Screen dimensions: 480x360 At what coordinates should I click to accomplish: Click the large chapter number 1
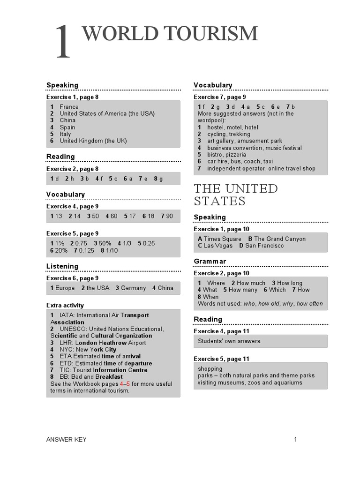click(x=63, y=43)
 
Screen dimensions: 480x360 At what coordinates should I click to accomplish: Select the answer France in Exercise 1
click(x=69, y=107)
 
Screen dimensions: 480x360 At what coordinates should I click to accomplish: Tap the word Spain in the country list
click(x=67, y=127)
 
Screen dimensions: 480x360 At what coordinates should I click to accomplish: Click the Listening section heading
click(x=62, y=266)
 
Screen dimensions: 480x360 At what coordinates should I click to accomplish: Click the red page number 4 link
click(x=121, y=383)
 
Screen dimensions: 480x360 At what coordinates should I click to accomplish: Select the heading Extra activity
click(x=65, y=305)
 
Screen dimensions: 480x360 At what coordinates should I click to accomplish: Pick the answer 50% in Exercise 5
click(x=105, y=243)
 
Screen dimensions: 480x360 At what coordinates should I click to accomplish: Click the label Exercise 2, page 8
click(x=72, y=169)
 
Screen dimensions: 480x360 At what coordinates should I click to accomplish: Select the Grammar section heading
click(x=210, y=261)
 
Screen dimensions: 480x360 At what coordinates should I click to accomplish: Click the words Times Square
click(x=223, y=239)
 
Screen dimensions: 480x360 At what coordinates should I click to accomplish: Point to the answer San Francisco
click(x=264, y=246)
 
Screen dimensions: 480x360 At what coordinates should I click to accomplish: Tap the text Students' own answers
click(x=230, y=341)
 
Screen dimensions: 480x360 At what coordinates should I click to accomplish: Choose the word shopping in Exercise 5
click(x=210, y=368)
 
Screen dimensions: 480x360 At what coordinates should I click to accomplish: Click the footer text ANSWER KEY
click(x=66, y=439)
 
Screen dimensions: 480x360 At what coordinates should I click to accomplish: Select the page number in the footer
click(x=296, y=439)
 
